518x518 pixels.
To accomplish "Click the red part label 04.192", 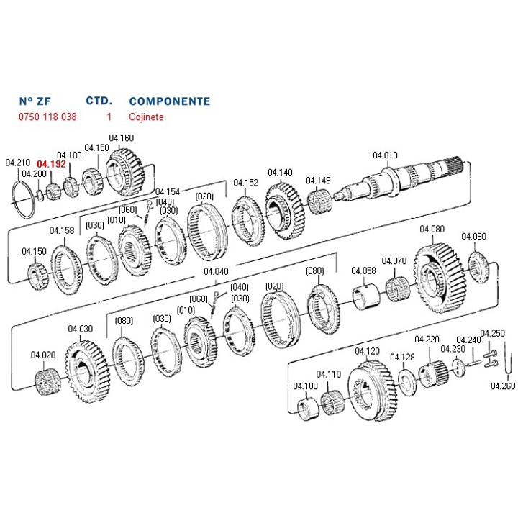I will pos(52,164).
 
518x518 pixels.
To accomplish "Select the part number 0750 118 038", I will pos(47,116).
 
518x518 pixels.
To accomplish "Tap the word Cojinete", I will pos(146,116).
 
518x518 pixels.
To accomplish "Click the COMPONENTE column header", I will pos(169,101).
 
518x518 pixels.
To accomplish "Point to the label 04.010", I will pos(385,155).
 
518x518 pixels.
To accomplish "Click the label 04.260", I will pos(503,386).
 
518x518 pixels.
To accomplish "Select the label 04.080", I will pos(432,230).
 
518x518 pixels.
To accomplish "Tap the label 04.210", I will pos(19,163).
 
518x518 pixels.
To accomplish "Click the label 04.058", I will pos(363,271).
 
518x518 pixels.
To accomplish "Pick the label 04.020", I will pos(42,355).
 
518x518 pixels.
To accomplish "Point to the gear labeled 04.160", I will pos(129,173).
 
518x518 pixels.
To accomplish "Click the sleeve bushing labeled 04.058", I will pos(365,297).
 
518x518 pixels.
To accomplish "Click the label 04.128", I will pos(402,357).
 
